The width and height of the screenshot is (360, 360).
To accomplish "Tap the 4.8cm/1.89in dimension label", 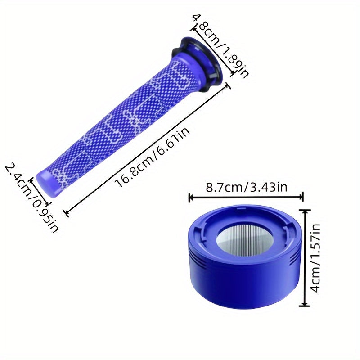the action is pos(220,46).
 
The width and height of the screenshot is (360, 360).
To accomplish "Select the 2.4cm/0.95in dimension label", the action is pos(31,198).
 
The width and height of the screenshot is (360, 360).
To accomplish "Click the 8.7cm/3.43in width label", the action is pos(247,187).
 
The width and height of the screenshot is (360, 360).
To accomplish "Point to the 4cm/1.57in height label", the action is pos(315,258).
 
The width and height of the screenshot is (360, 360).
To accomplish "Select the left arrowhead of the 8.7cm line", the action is pos(190,197).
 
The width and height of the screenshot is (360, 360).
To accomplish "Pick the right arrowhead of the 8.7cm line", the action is pos(301,197).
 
